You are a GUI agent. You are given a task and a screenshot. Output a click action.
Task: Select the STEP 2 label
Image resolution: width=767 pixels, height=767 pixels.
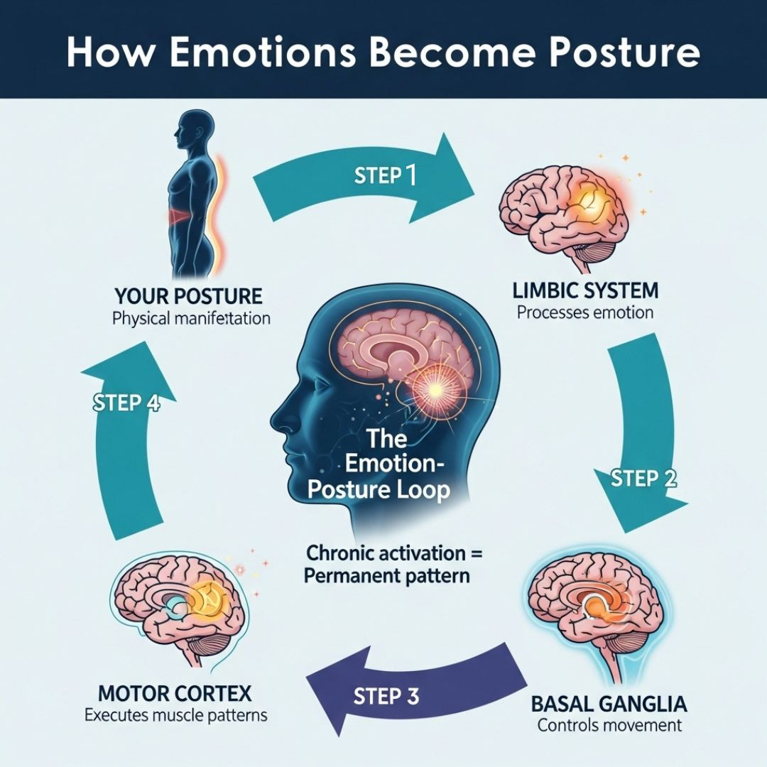pyautogui.click(x=643, y=478)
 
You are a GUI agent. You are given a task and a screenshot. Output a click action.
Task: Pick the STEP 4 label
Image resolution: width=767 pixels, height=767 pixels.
pyautogui.click(x=126, y=403)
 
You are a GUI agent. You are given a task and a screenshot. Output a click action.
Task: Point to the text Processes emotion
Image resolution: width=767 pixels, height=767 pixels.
pyautogui.click(x=585, y=312)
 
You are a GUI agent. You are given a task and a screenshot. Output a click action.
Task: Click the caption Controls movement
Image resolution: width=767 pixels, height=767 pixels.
pyautogui.click(x=609, y=725)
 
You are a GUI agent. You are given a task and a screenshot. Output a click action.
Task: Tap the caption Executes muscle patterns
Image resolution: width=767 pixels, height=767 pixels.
pyautogui.click(x=176, y=714)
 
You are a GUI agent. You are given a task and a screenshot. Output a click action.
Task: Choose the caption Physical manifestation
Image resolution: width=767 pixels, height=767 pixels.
pyautogui.click(x=191, y=318)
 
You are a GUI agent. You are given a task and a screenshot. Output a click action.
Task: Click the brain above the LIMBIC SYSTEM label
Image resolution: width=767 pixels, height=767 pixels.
pyautogui.click(x=564, y=214)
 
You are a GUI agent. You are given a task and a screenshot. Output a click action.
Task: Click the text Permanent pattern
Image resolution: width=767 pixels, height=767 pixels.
pyautogui.click(x=388, y=575)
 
